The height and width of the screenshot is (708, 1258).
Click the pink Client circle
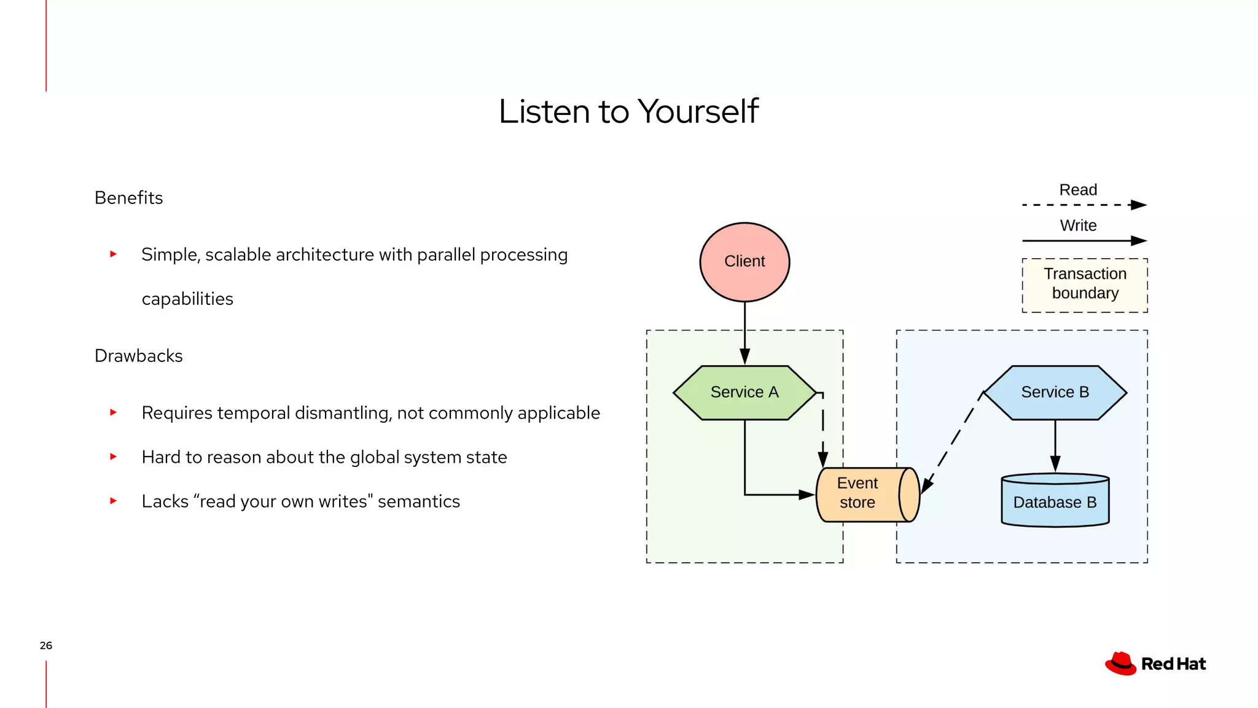click(744, 262)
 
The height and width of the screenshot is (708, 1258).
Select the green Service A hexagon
click(744, 392)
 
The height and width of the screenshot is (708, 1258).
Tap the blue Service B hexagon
click(1055, 392)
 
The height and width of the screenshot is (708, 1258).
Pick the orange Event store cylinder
click(866, 494)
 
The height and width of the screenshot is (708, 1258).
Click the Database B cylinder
click(1055, 501)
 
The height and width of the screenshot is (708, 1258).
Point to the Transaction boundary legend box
click(1085, 285)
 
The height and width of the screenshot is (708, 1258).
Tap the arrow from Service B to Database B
click(1055, 445)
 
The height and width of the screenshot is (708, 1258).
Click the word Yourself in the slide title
click(698, 111)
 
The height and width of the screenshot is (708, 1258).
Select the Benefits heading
click(128, 198)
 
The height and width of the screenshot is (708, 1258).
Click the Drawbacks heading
click(138, 356)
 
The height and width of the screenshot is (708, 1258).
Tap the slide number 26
click(45, 645)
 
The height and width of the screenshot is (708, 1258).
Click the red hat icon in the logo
click(1120, 664)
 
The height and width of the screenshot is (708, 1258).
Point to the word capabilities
click(187, 299)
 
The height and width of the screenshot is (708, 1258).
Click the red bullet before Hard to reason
click(113, 457)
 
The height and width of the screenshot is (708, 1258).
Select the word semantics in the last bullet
click(418, 502)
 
